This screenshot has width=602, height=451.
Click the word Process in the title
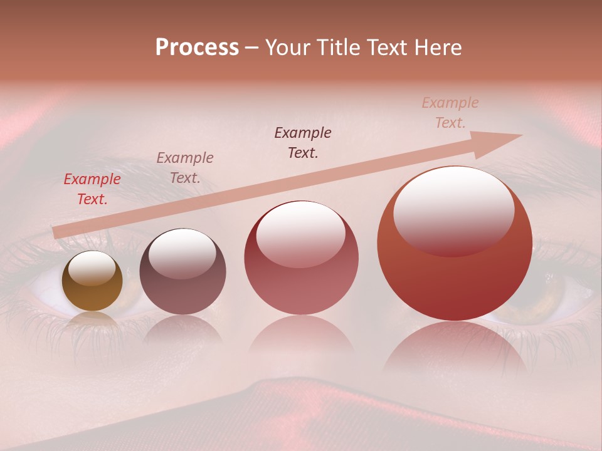(197, 48)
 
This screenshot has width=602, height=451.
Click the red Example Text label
(92, 189)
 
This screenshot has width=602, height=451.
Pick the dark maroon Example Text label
(303, 143)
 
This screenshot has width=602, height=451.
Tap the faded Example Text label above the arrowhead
(450, 113)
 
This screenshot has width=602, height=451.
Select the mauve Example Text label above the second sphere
(185, 168)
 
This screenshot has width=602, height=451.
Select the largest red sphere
(455, 276)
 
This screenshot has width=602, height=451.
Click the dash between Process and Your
(251, 48)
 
